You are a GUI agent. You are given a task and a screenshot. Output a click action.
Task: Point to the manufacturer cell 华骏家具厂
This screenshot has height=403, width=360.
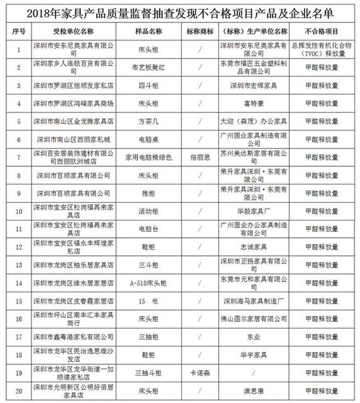tap(254, 210)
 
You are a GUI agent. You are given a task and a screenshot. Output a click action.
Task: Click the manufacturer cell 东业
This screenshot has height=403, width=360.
tap(254, 337)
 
